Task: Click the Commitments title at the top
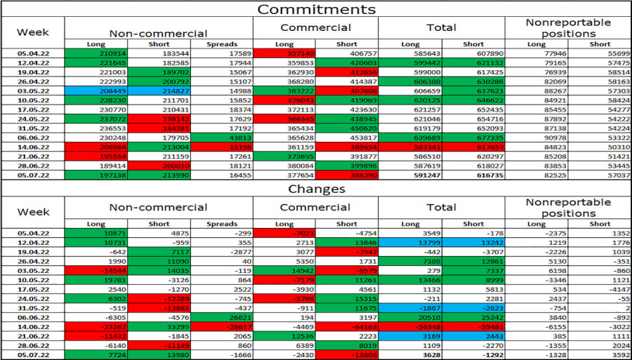click(315, 9)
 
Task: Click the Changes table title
click(315, 189)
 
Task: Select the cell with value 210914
click(96, 53)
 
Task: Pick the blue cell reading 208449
click(96, 91)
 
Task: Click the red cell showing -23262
click(96, 326)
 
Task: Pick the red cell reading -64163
click(347, 326)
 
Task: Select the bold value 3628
click(410, 356)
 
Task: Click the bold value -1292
click(473, 356)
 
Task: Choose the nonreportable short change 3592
click(600, 356)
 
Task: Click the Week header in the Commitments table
click(32, 32)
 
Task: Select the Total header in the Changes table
click(441, 207)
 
